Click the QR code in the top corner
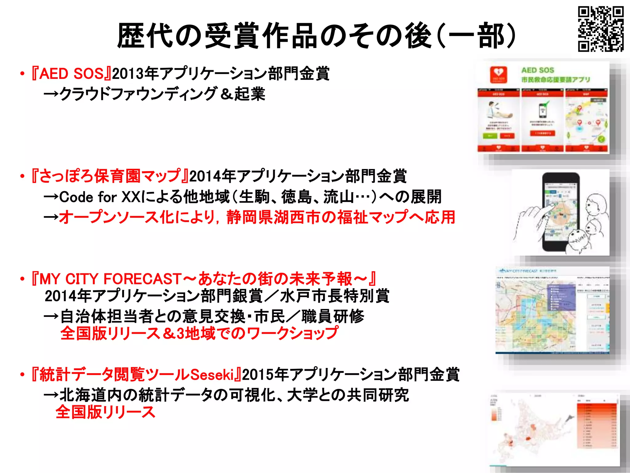pyautogui.click(x=600, y=29)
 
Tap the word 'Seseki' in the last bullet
pyautogui.click(x=212, y=375)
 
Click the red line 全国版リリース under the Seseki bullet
pyautogui.click(x=105, y=412)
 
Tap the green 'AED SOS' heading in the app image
pyautogui.click(x=538, y=70)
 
